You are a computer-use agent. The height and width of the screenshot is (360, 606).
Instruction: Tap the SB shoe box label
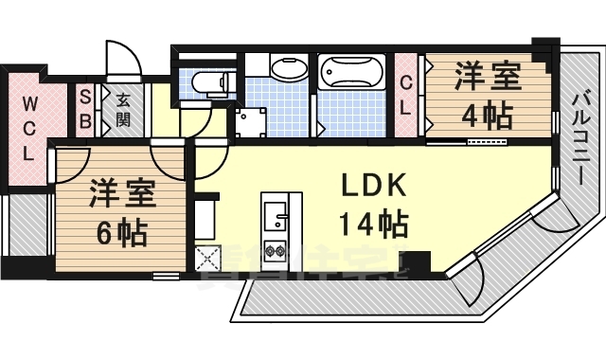(x=85, y=107)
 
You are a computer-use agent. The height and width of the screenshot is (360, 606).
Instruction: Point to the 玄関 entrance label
(x=123, y=107)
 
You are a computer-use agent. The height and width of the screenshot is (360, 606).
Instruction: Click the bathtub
(x=350, y=72)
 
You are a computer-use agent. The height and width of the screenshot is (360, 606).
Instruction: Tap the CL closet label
(x=406, y=94)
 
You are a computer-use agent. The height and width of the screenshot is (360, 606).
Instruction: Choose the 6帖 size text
(x=119, y=230)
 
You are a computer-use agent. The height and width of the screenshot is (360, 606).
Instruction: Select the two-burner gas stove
(x=277, y=251)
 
